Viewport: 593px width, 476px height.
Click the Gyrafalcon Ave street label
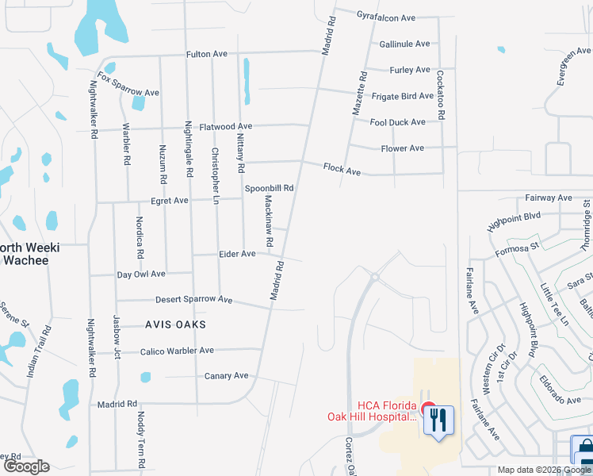coord(386,17)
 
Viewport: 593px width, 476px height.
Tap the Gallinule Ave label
coord(404,44)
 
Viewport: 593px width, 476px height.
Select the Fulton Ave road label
coord(206,54)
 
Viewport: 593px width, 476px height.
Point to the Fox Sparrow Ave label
coord(128,86)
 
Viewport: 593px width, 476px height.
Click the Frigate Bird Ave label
coord(403,96)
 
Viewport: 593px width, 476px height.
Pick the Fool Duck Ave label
coord(397,122)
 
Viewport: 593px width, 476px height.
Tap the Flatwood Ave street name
coord(226,126)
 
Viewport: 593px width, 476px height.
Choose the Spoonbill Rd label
coord(269,189)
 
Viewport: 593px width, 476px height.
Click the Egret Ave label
coord(170,202)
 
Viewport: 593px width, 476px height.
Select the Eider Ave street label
coord(237,254)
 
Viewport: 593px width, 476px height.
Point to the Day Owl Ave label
coord(141,274)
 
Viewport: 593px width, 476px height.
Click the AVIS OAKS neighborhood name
coord(175,324)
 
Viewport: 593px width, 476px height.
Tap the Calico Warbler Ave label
coord(177,351)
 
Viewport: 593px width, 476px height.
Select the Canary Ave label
coord(226,376)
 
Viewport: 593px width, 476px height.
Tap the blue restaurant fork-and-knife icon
coord(438,420)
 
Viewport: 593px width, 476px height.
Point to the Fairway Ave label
coord(548,198)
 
